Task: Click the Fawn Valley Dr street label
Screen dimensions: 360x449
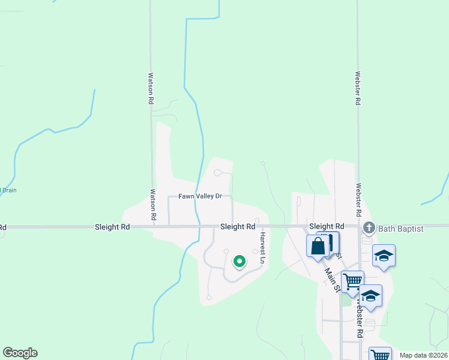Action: coord(200,196)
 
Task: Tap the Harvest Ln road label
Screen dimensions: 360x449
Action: coord(262,246)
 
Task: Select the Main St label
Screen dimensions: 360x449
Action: coord(331,279)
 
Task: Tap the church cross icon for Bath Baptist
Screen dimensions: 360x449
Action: coord(369,228)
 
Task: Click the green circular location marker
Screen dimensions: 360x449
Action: coord(239,261)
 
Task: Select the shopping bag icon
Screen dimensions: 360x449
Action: coord(318,245)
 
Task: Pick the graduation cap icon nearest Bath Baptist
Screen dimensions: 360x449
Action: coord(384,256)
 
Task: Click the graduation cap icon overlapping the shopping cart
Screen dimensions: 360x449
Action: coord(370,296)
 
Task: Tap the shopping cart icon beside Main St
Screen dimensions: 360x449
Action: coord(352,280)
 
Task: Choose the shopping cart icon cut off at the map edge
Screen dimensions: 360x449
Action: coord(380,354)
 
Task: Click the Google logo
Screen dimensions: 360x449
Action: coord(20,353)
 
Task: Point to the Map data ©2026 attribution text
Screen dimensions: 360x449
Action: coord(423,355)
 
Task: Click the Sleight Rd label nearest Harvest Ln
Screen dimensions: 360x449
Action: coord(238,227)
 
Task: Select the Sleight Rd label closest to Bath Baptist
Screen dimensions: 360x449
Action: coord(327,227)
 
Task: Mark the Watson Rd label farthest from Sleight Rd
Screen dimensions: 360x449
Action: coord(151,89)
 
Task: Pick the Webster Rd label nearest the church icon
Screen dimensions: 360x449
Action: coord(358,200)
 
